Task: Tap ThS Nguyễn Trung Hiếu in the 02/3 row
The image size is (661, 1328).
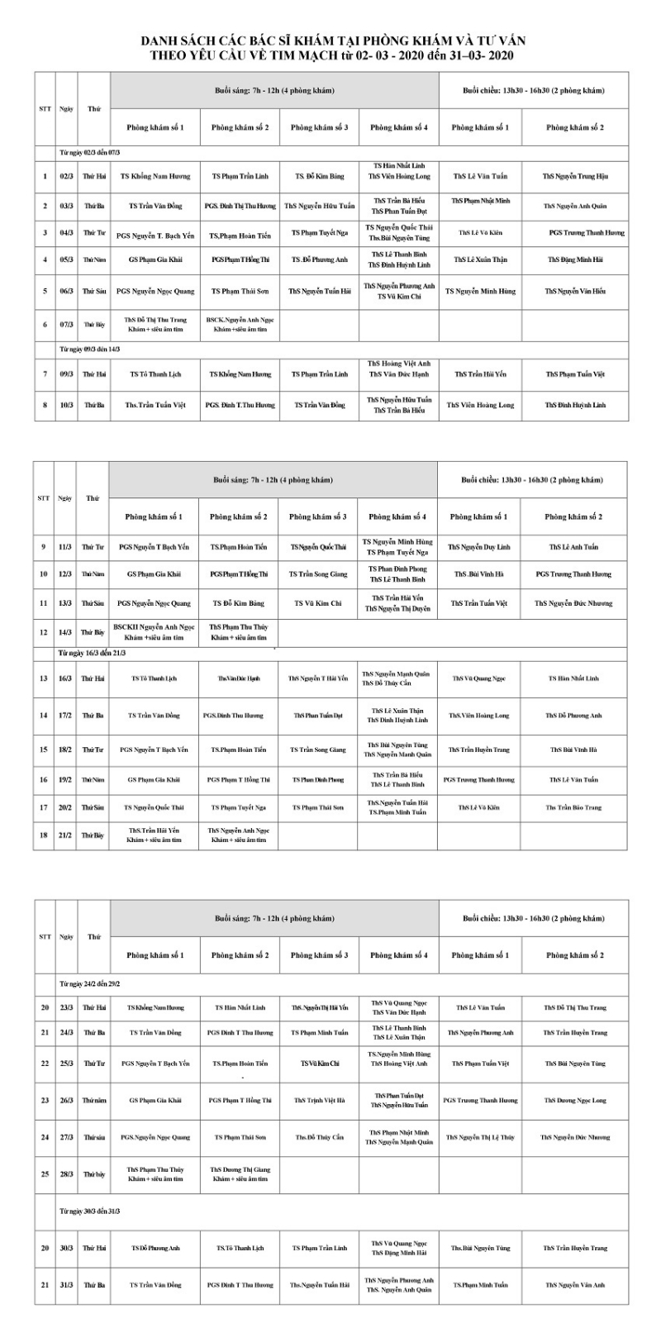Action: pyautogui.click(x=575, y=176)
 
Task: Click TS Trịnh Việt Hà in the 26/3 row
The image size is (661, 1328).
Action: pyautogui.click(x=319, y=1100)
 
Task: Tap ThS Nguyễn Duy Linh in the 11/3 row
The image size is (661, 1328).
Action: pyautogui.click(x=478, y=547)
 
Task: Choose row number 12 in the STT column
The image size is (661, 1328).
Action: pyautogui.click(x=44, y=632)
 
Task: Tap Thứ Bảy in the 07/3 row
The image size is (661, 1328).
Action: pyautogui.click(x=93, y=325)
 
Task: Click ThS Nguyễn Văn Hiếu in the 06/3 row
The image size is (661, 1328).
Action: pyautogui.click(x=575, y=291)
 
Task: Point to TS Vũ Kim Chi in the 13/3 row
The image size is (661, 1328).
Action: pyautogui.click(x=318, y=603)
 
